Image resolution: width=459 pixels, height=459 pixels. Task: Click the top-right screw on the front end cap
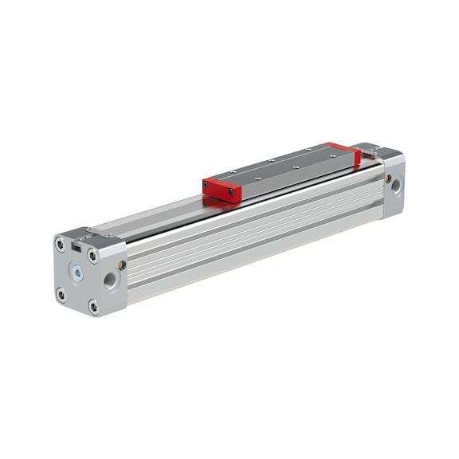(92, 256)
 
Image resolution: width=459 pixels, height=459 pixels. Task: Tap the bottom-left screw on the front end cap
(61, 294)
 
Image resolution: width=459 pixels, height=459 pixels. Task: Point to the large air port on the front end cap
(110, 280)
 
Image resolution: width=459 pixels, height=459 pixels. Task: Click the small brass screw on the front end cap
(122, 265)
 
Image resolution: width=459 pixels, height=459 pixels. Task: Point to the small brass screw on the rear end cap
(387, 178)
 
